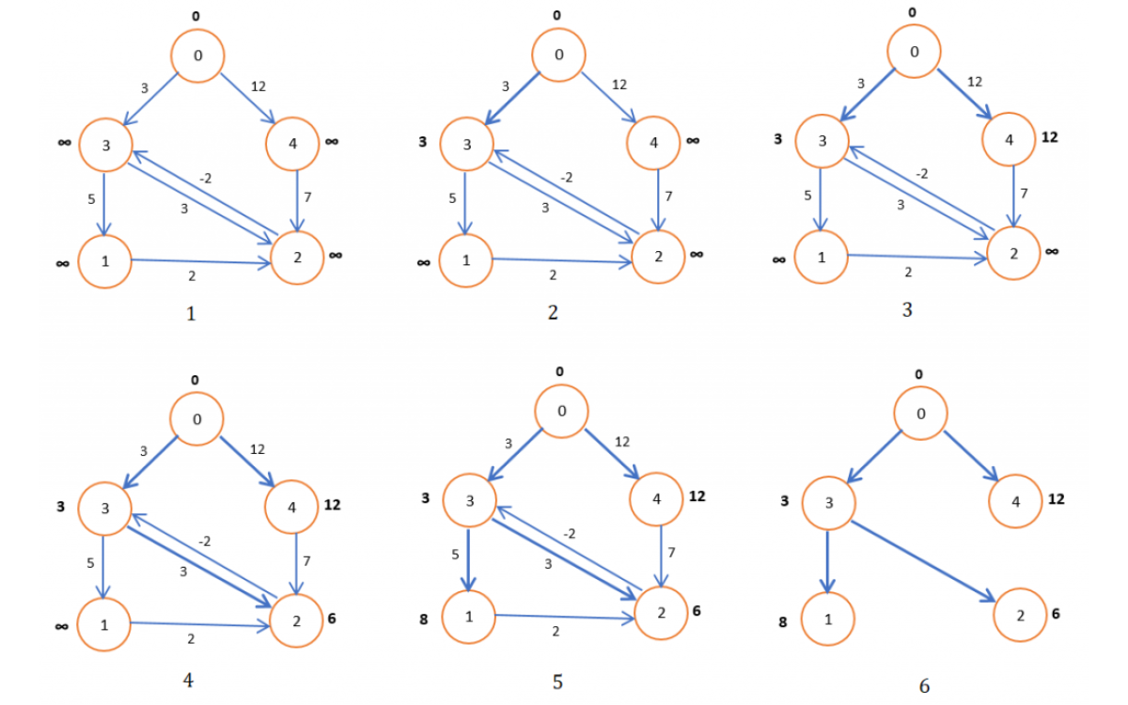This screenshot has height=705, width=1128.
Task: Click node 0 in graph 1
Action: (x=197, y=55)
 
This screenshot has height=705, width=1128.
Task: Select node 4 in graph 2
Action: (x=654, y=142)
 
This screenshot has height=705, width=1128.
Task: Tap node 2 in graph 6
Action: (x=1019, y=615)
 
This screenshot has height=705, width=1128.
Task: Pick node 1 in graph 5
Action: (x=468, y=617)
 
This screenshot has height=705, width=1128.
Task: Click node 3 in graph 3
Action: (x=822, y=141)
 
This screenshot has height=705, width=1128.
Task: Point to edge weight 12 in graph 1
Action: (x=258, y=86)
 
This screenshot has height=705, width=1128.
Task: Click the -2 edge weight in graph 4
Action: (x=203, y=541)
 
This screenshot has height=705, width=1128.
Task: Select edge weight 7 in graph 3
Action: (x=1024, y=192)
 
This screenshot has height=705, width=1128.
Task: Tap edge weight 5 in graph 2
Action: (x=453, y=198)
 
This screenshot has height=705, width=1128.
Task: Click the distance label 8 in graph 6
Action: (x=782, y=621)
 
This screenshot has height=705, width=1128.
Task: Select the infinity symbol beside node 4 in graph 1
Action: (x=332, y=142)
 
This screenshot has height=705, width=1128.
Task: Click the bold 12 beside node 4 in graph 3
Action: (x=1051, y=137)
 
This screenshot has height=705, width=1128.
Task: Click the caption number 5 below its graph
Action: (x=557, y=681)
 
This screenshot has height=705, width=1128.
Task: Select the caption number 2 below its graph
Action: (x=553, y=313)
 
